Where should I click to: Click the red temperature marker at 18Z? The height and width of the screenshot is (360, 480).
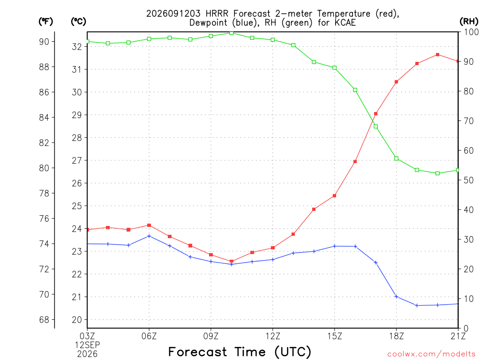[396, 82]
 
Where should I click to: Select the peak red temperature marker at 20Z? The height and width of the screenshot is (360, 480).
[437, 54]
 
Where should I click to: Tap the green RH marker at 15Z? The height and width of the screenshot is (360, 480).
[334, 67]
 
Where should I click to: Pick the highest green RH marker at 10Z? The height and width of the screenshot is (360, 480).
[232, 33]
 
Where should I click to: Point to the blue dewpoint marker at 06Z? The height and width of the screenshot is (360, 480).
[149, 236]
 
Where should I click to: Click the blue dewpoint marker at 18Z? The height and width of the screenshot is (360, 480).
[396, 296]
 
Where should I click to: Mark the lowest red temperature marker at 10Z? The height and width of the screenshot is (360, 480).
[232, 262]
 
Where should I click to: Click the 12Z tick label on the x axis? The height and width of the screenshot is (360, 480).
[273, 336]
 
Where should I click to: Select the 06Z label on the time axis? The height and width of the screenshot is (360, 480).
[149, 336]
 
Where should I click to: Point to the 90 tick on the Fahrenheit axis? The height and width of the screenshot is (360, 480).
[44, 42]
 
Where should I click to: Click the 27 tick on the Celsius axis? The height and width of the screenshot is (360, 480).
[77, 160]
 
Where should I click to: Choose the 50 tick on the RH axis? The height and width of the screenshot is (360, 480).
[468, 180]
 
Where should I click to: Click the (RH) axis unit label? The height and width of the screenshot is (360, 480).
[469, 22]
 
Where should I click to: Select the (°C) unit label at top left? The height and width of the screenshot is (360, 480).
[78, 22]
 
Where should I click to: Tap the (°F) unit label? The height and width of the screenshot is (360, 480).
[45, 22]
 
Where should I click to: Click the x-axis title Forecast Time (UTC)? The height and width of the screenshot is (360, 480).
[240, 352]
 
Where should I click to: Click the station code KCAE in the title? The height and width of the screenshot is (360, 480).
[344, 22]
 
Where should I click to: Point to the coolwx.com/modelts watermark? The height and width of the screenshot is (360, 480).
[431, 354]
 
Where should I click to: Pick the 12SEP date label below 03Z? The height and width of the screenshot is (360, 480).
[88, 345]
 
